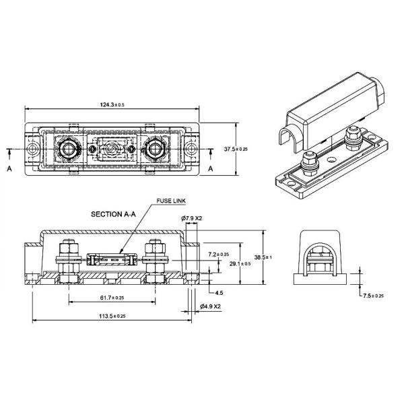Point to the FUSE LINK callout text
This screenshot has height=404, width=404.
[170, 201]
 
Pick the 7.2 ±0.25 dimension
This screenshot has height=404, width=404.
[219, 254]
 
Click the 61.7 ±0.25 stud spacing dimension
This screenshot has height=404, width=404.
[110, 297]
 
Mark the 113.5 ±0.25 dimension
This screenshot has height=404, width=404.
[110, 315]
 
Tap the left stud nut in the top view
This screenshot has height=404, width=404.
[68, 147]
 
